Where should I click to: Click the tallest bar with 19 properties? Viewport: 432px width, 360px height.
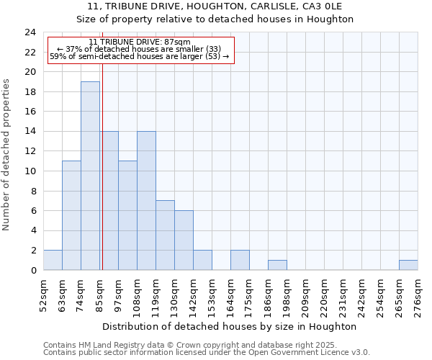(90, 176)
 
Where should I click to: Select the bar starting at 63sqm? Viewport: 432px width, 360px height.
(71, 215)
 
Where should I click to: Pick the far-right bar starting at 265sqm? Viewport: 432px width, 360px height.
(408, 265)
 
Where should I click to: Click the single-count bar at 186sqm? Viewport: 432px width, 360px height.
(277, 265)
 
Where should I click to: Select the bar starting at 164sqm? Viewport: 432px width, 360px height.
(240, 260)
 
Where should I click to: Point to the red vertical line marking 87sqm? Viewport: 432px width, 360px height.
(102, 180)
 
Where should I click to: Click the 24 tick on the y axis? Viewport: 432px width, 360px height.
(30, 32)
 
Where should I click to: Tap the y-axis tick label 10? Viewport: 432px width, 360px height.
(30, 171)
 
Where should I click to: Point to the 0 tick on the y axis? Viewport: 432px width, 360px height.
(33, 271)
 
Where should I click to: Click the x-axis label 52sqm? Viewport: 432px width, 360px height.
(44, 294)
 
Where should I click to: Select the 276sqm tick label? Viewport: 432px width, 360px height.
(418, 294)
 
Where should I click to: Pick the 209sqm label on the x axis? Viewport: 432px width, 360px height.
(305, 294)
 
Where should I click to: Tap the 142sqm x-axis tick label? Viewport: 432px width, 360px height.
(194, 294)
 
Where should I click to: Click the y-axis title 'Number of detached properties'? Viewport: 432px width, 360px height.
(8, 155)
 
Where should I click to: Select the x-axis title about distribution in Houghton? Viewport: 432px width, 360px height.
(230, 326)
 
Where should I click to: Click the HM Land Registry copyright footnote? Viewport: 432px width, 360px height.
(206, 345)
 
